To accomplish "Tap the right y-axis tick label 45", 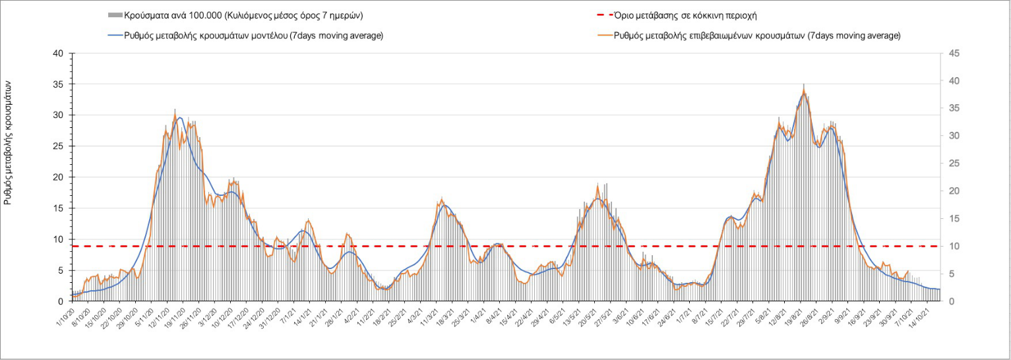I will click(x=954, y=53).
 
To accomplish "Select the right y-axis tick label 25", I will click(x=954, y=164).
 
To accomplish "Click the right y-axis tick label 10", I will click(x=954, y=247).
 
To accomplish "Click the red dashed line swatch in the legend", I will click(x=601, y=15).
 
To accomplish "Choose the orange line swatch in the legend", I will click(x=601, y=35).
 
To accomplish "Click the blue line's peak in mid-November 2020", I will click(x=179, y=118).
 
